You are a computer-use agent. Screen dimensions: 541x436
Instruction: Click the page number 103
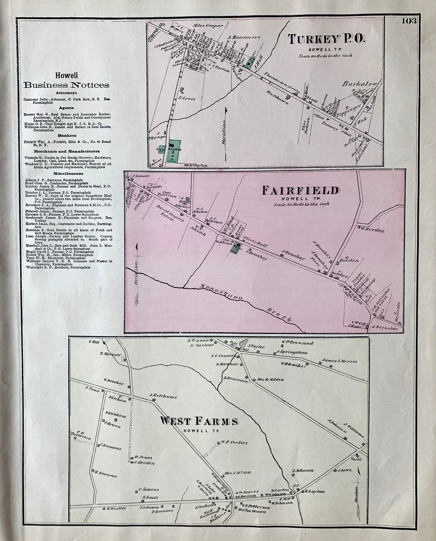409,21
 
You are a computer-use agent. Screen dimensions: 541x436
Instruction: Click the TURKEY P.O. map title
327,40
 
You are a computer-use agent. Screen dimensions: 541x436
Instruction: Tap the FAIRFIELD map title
301,191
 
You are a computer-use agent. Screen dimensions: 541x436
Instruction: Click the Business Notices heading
66,85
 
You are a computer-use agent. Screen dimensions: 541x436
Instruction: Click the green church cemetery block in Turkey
174,151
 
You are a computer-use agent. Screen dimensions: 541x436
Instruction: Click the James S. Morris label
340,361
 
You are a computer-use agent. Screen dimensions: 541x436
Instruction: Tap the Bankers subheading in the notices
67,135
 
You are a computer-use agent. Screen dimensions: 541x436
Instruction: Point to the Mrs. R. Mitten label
270,379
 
